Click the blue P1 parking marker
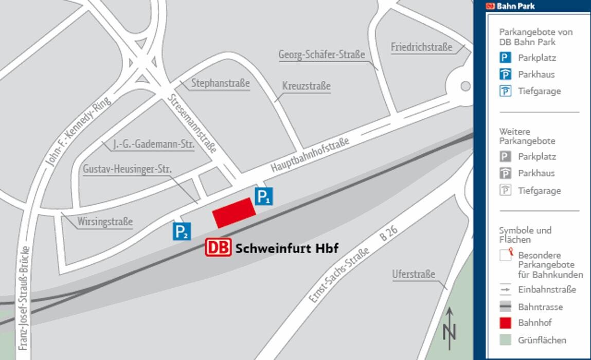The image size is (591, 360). point(263,196)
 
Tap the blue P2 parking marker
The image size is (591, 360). point(182,231)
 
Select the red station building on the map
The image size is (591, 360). point(235,212)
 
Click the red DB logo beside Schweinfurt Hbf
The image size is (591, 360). point(219,247)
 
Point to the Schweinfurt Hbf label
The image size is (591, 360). point(286,248)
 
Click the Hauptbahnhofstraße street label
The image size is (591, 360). point(310,154)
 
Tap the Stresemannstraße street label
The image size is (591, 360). point(192,123)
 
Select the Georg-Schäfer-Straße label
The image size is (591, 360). point(321,55)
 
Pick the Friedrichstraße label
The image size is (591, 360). point(421,47)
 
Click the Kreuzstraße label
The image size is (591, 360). point(306,86)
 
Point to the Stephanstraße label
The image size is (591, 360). point(220,83)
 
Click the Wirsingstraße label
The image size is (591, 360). point(105,222)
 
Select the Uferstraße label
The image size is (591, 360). point(414,274)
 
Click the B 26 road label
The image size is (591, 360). point(389,233)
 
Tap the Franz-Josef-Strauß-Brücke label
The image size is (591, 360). point(23,298)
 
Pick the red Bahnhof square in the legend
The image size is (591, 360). point(506,323)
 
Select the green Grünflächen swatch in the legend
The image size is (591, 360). point(506,340)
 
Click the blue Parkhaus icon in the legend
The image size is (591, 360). point(506,74)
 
